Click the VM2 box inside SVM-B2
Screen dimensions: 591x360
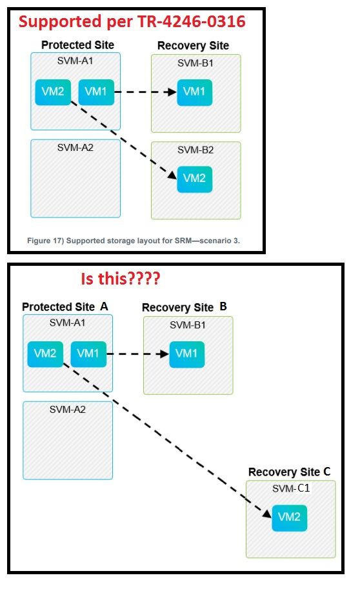coord(194,179)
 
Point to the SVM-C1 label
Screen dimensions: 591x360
coord(291,488)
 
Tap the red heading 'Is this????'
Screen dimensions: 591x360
coord(119,279)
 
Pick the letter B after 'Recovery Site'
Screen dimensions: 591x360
coord(223,306)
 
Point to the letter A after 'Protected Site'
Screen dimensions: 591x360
coord(104,306)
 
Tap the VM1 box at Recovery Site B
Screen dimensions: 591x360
coord(187,354)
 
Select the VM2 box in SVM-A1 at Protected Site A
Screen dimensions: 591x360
coord(45,354)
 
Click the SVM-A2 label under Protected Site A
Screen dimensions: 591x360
coord(68,409)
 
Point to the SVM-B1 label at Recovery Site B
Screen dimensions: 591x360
coord(188,324)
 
